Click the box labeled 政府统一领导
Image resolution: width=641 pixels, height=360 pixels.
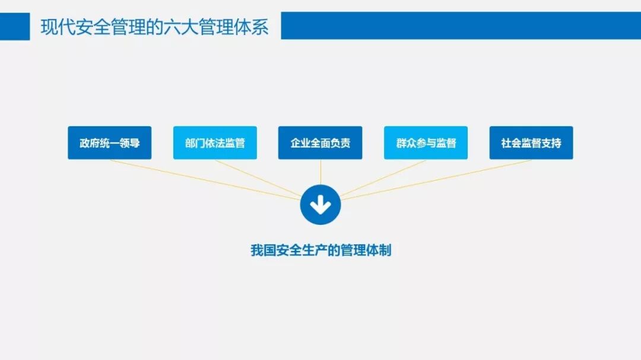(109, 143)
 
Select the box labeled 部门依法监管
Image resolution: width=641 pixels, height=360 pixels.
(215, 143)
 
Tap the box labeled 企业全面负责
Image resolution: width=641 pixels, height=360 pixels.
(320, 143)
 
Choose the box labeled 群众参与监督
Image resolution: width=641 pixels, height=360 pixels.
(426, 143)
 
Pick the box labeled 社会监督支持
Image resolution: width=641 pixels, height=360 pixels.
(531, 143)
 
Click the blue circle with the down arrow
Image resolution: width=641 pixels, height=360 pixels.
(320, 205)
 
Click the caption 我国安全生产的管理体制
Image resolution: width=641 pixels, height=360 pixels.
(320, 250)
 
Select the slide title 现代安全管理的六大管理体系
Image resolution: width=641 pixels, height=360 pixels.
(154, 27)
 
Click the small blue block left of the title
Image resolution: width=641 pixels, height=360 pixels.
(15, 26)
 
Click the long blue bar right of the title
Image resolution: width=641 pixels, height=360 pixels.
(461, 26)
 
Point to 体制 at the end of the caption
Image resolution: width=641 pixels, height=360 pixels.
(381, 250)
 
